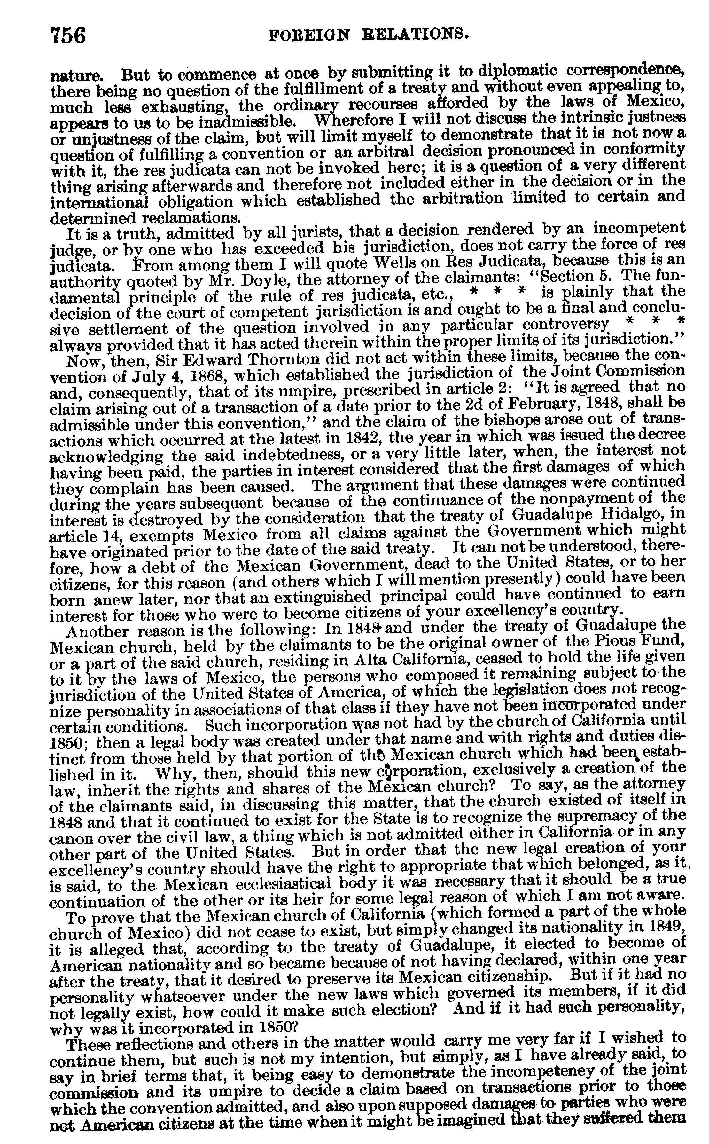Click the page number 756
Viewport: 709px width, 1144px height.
click(68, 36)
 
